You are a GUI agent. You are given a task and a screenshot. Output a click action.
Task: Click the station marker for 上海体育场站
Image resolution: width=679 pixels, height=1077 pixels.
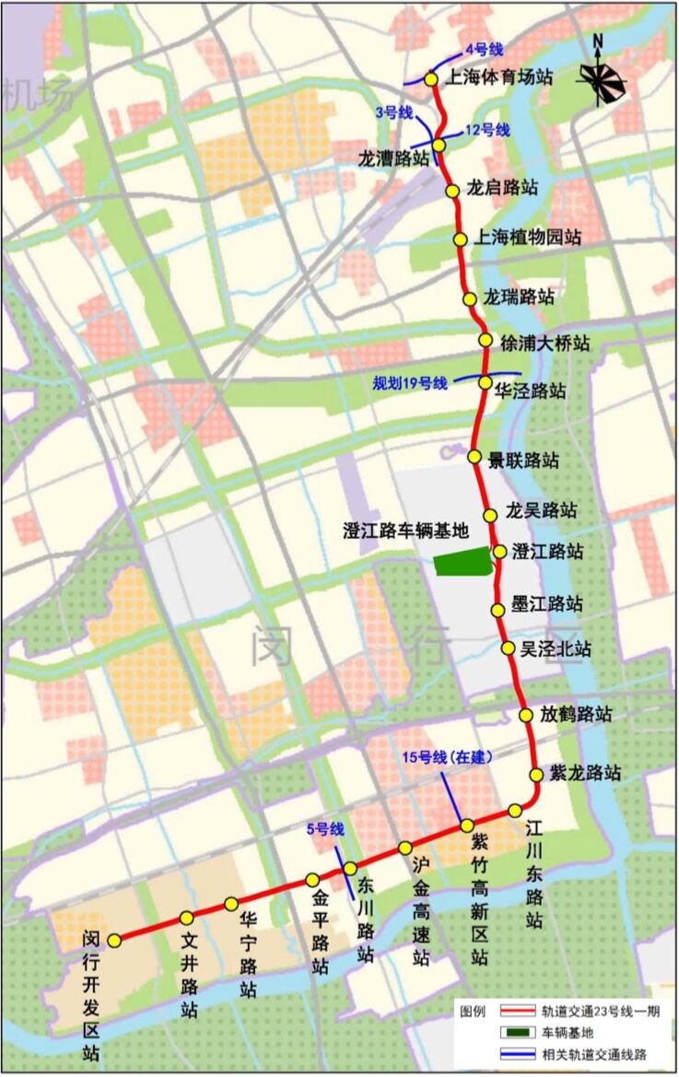[431, 79]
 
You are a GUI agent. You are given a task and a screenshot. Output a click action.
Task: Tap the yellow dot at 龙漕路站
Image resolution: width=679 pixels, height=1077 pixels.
[439, 146]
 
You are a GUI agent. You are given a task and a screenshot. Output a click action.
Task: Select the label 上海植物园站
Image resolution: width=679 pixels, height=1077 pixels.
[528, 238]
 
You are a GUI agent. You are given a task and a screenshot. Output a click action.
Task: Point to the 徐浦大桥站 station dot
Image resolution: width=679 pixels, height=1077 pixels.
[486, 341]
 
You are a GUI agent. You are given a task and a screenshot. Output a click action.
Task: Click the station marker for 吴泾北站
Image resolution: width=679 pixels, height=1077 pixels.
[508, 649]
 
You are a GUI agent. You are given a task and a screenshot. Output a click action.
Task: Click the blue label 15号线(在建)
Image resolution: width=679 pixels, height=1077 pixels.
[447, 758]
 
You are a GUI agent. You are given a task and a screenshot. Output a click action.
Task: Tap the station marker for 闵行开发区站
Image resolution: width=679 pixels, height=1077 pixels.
[115, 941]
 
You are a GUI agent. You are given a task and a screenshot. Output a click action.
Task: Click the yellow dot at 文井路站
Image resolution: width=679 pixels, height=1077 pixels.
[187, 918]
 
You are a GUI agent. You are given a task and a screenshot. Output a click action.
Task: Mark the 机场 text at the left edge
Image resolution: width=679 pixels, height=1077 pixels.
[37, 95]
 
